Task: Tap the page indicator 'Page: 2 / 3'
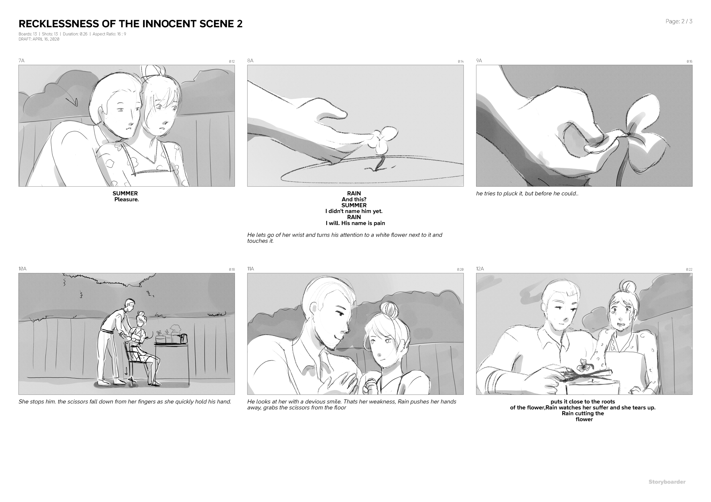point(679,21)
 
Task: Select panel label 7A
point(21,61)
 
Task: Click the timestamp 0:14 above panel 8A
point(460,62)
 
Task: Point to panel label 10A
point(22,269)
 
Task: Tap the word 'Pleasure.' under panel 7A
point(126,199)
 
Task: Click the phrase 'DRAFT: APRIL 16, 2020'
point(39,39)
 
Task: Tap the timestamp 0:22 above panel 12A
point(689,270)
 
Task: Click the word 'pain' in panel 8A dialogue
point(379,223)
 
